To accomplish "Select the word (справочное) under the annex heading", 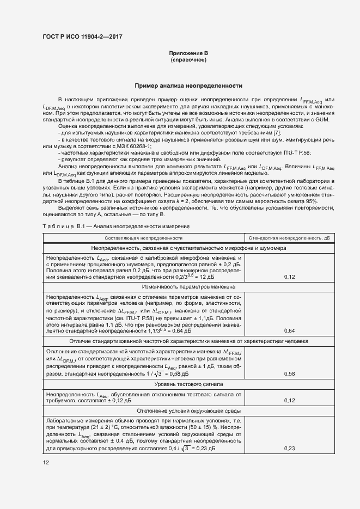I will tap(188, 59).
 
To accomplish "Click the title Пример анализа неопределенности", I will tap(188, 86).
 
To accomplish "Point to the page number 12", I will tap(46, 462).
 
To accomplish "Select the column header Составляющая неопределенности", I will tap(144, 238).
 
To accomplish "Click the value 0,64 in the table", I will tap(290, 330).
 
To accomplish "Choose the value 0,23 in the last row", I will tap(290, 448).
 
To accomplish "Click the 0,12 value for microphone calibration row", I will tap(290, 277).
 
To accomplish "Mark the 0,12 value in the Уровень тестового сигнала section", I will tap(290, 401).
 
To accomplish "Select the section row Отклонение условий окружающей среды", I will tap(188, 411).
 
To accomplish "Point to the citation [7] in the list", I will tap(277, 132).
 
